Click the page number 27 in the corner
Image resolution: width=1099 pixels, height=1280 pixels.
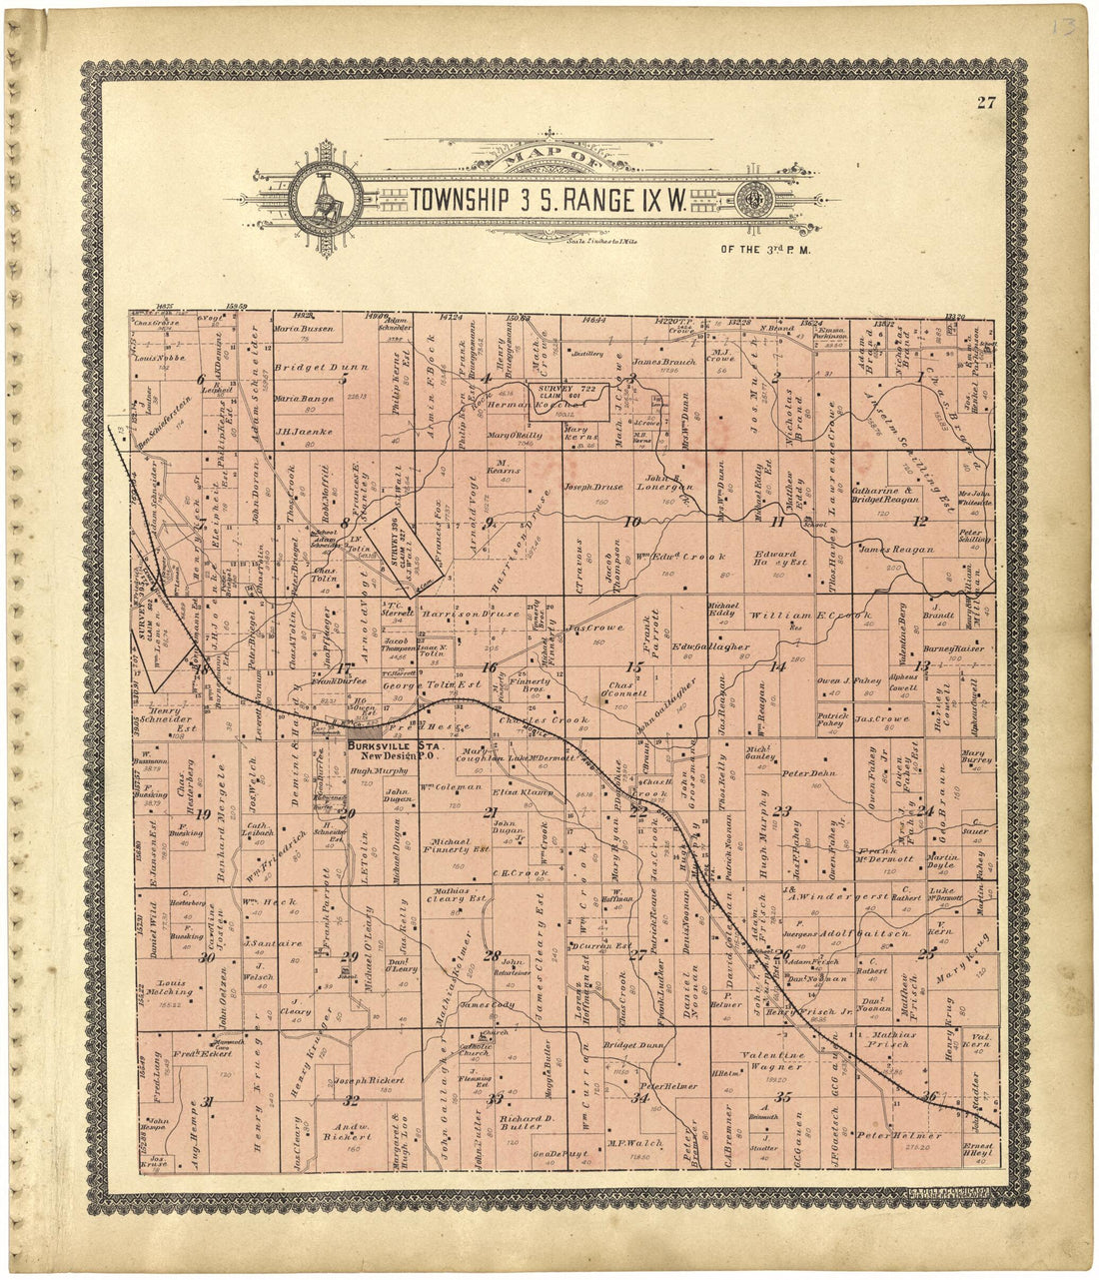[986, 99]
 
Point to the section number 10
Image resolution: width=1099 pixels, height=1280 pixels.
[631, 522]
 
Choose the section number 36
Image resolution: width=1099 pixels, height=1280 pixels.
[931, 1096]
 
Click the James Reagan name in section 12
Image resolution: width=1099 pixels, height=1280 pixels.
[896, 550]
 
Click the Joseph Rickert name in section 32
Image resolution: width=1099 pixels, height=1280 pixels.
[370, 1081]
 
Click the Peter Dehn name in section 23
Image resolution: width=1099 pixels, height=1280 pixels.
[808, 772]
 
